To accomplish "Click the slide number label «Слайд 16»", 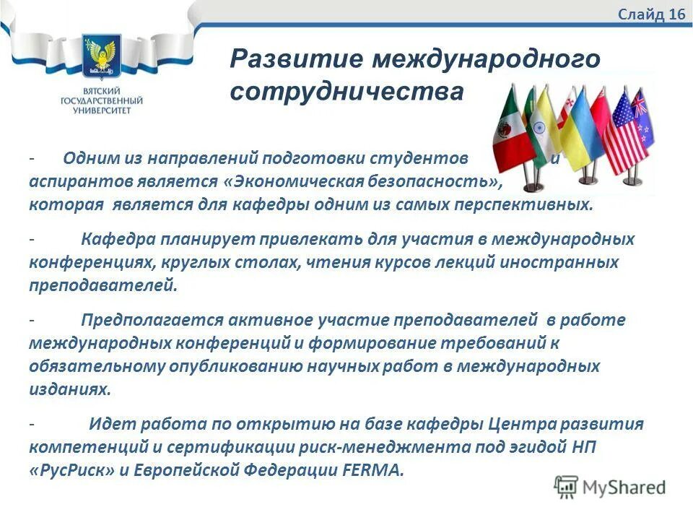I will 651,15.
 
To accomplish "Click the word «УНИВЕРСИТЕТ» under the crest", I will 101,111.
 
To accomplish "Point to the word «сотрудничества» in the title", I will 346,92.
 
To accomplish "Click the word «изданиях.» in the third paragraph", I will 71,389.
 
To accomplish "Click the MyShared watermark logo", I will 610,486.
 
